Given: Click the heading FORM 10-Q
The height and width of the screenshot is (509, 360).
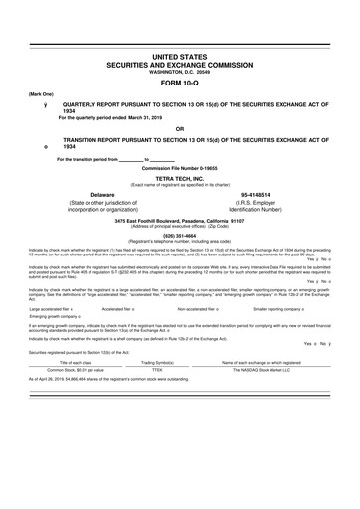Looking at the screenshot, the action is click(x=180, y=83).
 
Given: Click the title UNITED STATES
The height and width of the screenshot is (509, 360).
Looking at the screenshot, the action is click(x=180, y=59).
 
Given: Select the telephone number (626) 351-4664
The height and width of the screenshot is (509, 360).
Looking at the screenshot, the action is click(x=180, y=235).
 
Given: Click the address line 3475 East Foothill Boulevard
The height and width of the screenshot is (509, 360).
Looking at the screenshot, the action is click(x=180, y=221).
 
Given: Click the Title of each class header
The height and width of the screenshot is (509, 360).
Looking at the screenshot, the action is click(x=66, y=363).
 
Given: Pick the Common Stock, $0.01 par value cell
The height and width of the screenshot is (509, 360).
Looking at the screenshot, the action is click(x=66, y=371).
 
